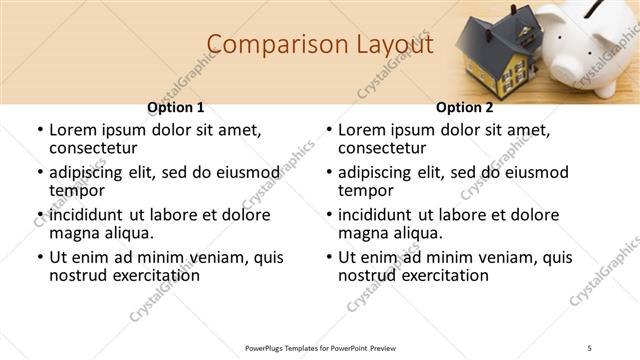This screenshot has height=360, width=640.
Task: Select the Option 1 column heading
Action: [175, 107]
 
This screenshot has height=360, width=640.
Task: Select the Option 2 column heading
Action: [464, 107]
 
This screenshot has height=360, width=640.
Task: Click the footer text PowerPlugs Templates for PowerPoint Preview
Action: [321, 347]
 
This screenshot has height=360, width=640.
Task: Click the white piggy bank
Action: [585, 40]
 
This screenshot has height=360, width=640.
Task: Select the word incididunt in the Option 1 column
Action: [86, 215]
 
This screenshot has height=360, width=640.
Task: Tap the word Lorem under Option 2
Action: [363, 130]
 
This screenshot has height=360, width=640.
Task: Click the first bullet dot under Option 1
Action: [40, 131]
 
